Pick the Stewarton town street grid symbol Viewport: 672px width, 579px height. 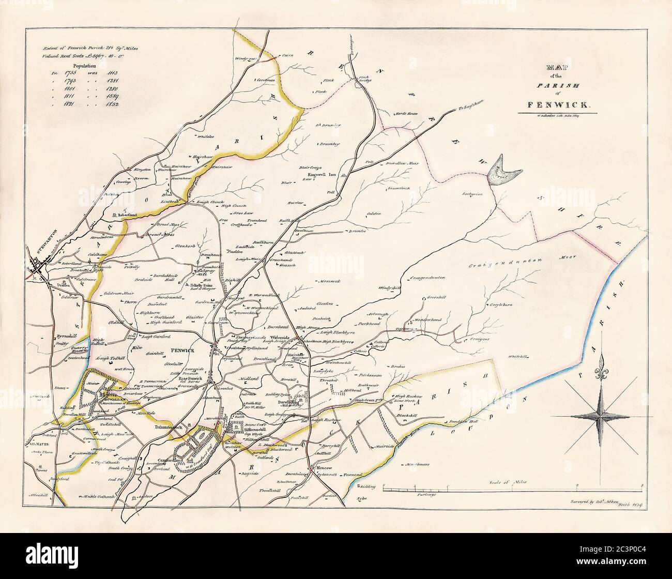[41, 268]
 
